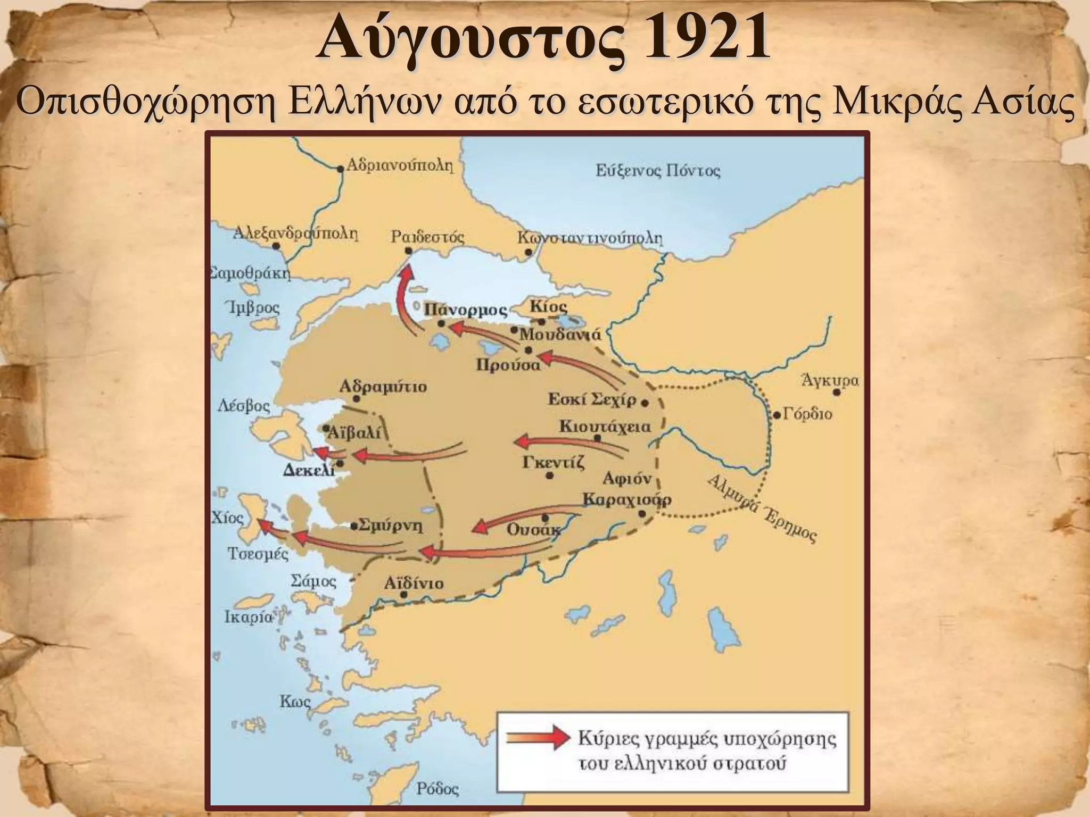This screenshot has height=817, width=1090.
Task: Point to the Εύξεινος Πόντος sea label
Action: [x=657, y=171]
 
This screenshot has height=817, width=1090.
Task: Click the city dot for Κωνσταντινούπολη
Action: [x=529, y=252]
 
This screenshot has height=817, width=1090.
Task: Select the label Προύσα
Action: [x=508, y=365]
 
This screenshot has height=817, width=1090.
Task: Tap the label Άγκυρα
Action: [x=830, y=381]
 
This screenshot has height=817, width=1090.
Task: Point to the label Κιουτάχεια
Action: [x=605, y=427]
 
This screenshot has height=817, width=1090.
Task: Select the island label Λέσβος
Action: [x=244, y=407]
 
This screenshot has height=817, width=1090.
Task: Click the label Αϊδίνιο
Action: [x=414, y=583]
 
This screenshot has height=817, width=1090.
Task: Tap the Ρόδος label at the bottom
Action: [x=437, y=788]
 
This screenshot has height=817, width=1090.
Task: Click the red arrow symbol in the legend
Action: [x=538, y=738]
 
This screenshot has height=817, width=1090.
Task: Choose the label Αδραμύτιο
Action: [x=383, y=386]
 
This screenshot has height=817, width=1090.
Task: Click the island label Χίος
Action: [x=227, y=518]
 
